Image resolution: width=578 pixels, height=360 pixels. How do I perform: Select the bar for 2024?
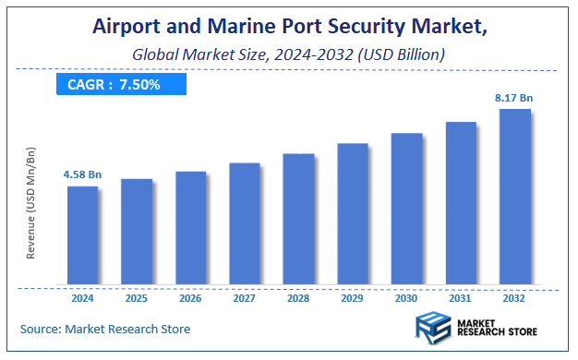coord(82,234)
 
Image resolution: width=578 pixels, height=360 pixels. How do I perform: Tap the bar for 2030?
coord(406,208)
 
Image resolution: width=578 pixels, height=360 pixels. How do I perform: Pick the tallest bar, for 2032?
coord(515,196)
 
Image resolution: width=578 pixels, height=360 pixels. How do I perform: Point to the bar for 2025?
coord(137,231)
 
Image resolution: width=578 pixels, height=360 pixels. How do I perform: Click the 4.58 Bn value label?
coord(81,174)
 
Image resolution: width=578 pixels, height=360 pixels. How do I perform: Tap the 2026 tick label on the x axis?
coord(190,298)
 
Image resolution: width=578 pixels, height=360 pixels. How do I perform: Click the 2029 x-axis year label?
coord(353,298)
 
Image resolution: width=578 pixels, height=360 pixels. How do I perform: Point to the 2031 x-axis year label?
coord(461,298)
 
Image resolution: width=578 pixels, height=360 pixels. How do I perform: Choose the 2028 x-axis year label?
coord(298,298)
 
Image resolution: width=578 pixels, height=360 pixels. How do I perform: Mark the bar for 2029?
coord(353,213)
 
